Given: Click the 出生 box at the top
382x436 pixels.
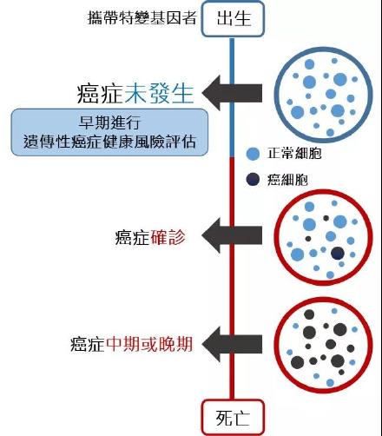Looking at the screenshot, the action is click(233, 18).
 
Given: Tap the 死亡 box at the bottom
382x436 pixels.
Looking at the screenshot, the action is click(233, 417).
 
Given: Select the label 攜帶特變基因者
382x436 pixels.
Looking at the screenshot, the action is click(142, 17).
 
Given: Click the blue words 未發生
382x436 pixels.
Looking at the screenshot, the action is click(159, 93).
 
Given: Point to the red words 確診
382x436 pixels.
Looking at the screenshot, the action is click(168, 237).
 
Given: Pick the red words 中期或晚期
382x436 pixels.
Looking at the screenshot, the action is click(149, 344).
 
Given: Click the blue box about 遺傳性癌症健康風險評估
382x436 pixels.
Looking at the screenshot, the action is click(109, 133).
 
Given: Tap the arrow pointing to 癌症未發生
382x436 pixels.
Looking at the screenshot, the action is click(232, 93).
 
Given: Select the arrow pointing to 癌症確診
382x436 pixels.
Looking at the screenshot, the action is click(232, 235).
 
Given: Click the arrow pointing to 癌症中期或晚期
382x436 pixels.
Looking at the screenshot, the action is click(232, 344).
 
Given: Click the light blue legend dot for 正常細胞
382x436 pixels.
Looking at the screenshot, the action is click(253, 154).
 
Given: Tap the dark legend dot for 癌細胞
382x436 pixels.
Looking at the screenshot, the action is click(253, 179).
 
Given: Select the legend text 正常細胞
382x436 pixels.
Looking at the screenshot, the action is click(294, 153).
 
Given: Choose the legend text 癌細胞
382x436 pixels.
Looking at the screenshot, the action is click(287, 180).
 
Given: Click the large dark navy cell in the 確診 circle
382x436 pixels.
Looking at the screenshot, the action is click(338, 254).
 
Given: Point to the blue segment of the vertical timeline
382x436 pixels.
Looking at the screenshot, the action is click(232, 97).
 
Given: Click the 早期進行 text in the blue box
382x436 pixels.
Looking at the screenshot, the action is click(110, 122).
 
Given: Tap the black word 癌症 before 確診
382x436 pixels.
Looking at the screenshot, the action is click(132, 237).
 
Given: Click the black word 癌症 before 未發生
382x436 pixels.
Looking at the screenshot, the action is click(100, 93).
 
